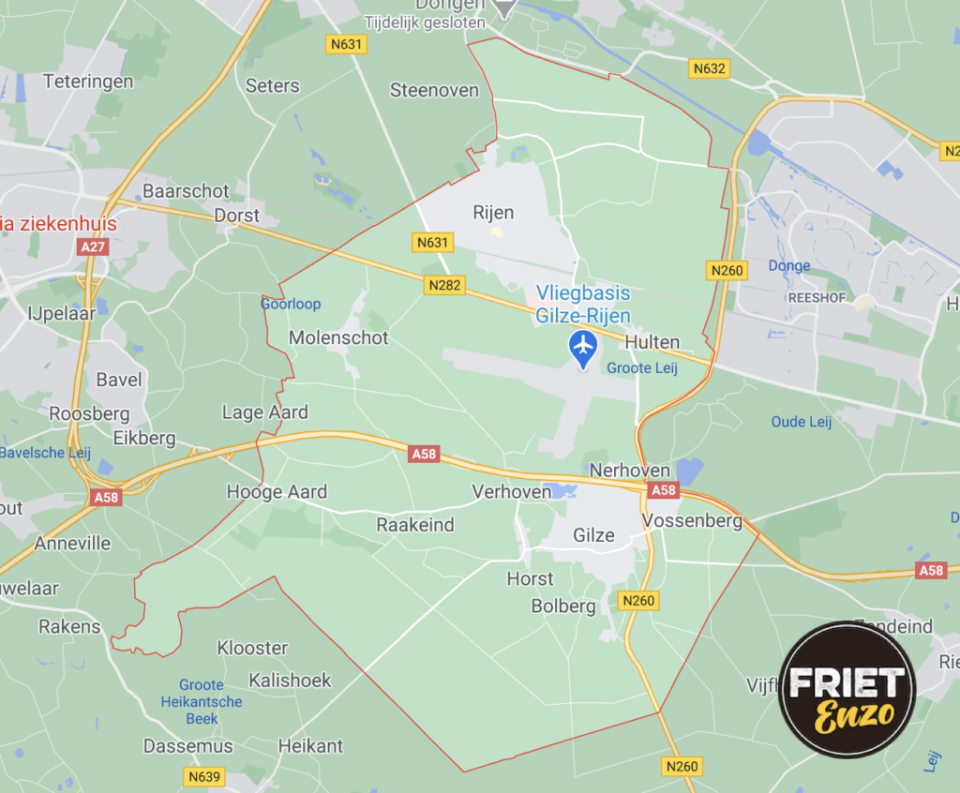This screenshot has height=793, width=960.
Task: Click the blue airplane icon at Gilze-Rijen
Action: [x=583, y=347]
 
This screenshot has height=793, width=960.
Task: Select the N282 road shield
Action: [x=443, y=285]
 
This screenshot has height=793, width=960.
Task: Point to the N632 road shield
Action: [x=710, y=68]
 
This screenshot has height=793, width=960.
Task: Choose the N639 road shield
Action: [x=204, y=776]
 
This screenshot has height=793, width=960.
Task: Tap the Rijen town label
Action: [x=493, y=213]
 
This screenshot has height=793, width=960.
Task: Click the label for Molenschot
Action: [x=338, y=337]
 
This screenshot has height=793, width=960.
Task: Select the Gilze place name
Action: [x=594, y=535]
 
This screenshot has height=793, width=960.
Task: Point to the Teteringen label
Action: [x=88, y=82]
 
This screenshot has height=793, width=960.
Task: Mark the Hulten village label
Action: [x=652, y=342]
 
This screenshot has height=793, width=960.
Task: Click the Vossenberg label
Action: [x=692, y=520]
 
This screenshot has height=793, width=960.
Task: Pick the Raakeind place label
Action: [x=415, y=524]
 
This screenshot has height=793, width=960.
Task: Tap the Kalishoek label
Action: [x=290, y=681]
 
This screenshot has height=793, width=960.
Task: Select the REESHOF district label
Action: [x=791, y=294]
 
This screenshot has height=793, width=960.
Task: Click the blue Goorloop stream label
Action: [x=291, y=304]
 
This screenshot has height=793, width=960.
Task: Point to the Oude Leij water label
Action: [x=802, y=422]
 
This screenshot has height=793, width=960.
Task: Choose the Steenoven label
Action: [x=434, y=91]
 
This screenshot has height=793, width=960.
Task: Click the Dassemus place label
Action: [x=187, y=746]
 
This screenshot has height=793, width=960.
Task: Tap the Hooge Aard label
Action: [x=277, y=492]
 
